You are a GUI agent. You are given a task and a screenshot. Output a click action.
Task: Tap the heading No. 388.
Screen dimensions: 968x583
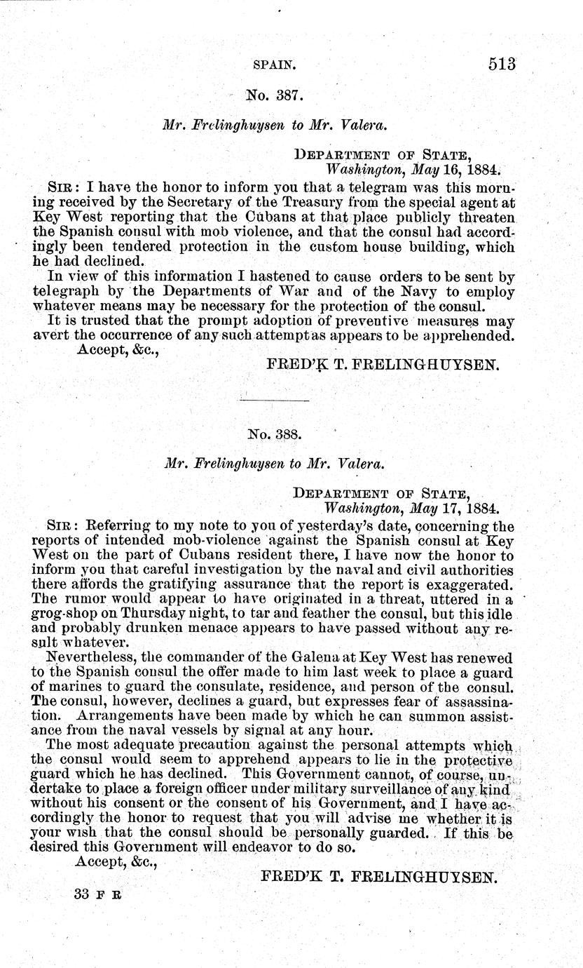point(275,433)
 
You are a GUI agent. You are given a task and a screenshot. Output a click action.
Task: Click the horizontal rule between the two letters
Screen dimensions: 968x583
point(275,400)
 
